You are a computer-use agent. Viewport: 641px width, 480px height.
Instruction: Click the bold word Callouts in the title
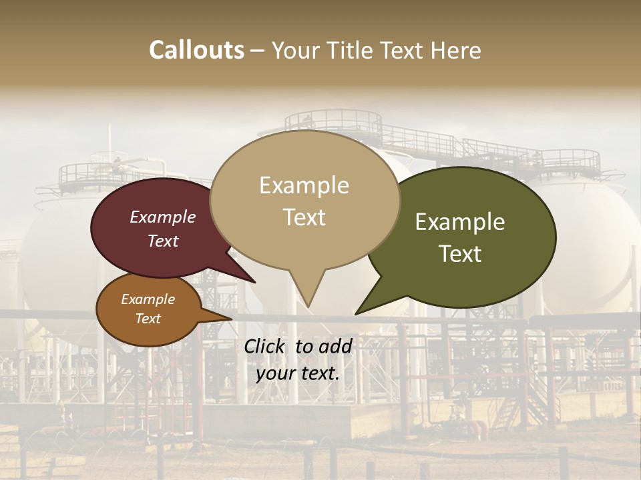[196, 50]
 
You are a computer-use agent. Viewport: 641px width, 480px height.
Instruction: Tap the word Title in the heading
[353, 50]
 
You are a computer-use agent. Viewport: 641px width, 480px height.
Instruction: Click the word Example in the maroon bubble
[163, 217]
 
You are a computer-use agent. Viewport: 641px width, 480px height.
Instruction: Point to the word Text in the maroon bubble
[163, 241]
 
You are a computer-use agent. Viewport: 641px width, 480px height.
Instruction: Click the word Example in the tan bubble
[304, 185]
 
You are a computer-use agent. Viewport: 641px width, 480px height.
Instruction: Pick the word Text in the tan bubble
[304, 217]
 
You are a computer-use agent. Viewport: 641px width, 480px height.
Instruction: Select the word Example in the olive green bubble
[460, 222]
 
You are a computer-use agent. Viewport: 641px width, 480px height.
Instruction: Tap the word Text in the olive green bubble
[460, 254]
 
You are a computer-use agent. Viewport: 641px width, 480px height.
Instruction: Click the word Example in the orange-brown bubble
[148, 299]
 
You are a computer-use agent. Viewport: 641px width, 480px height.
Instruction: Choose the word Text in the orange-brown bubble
[148, 319]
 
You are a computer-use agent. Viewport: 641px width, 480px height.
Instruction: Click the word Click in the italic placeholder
[266, 346]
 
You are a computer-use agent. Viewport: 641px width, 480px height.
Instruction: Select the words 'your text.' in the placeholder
[298, 373]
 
